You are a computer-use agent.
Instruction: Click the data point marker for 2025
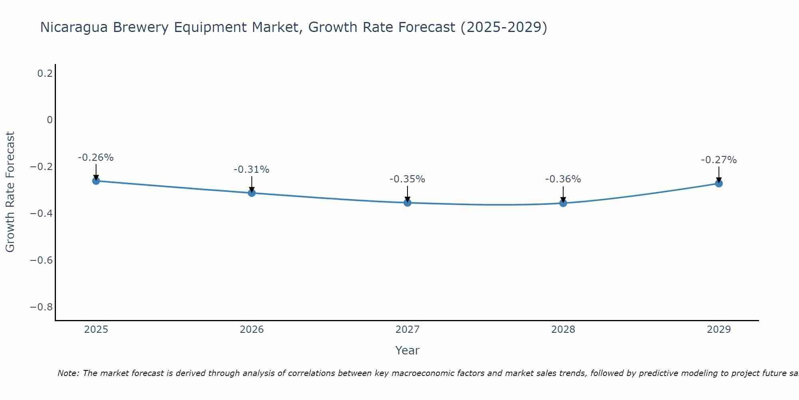96,181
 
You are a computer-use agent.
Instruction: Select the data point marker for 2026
252,193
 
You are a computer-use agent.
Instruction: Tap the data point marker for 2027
407,202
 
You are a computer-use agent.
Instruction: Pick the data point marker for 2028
563,203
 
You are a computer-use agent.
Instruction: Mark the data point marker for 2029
719,183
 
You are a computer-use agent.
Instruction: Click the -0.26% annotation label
95,158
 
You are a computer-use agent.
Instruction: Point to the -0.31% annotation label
251,170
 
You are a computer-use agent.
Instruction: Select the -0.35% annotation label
407,179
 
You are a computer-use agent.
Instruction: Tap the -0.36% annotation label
563,179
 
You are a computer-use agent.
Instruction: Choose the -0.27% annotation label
719,160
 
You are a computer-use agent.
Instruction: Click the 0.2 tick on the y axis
45,74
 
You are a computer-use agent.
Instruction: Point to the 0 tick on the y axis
50,120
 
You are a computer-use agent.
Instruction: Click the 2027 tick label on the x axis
407,330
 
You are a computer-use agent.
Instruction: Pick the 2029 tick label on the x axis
719,330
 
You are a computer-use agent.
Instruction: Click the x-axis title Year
407,350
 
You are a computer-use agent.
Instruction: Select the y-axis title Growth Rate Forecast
10,192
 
